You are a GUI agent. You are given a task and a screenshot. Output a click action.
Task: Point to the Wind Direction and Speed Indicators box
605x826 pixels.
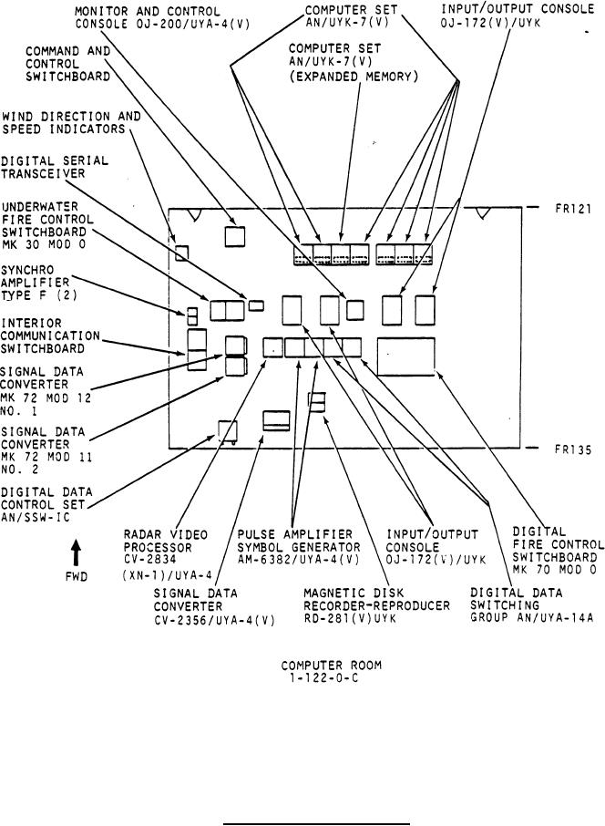click(x=181, y=253)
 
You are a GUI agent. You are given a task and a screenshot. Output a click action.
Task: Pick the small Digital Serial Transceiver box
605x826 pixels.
click(x=257, y=304)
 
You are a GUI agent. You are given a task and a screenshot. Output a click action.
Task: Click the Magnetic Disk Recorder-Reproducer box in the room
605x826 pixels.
click(x=316, y=402)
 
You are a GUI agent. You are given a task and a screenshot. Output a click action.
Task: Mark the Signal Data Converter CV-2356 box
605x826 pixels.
click(x=277, y=420)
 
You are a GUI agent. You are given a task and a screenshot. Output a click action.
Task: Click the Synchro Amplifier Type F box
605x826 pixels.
click(x=192, y=316)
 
